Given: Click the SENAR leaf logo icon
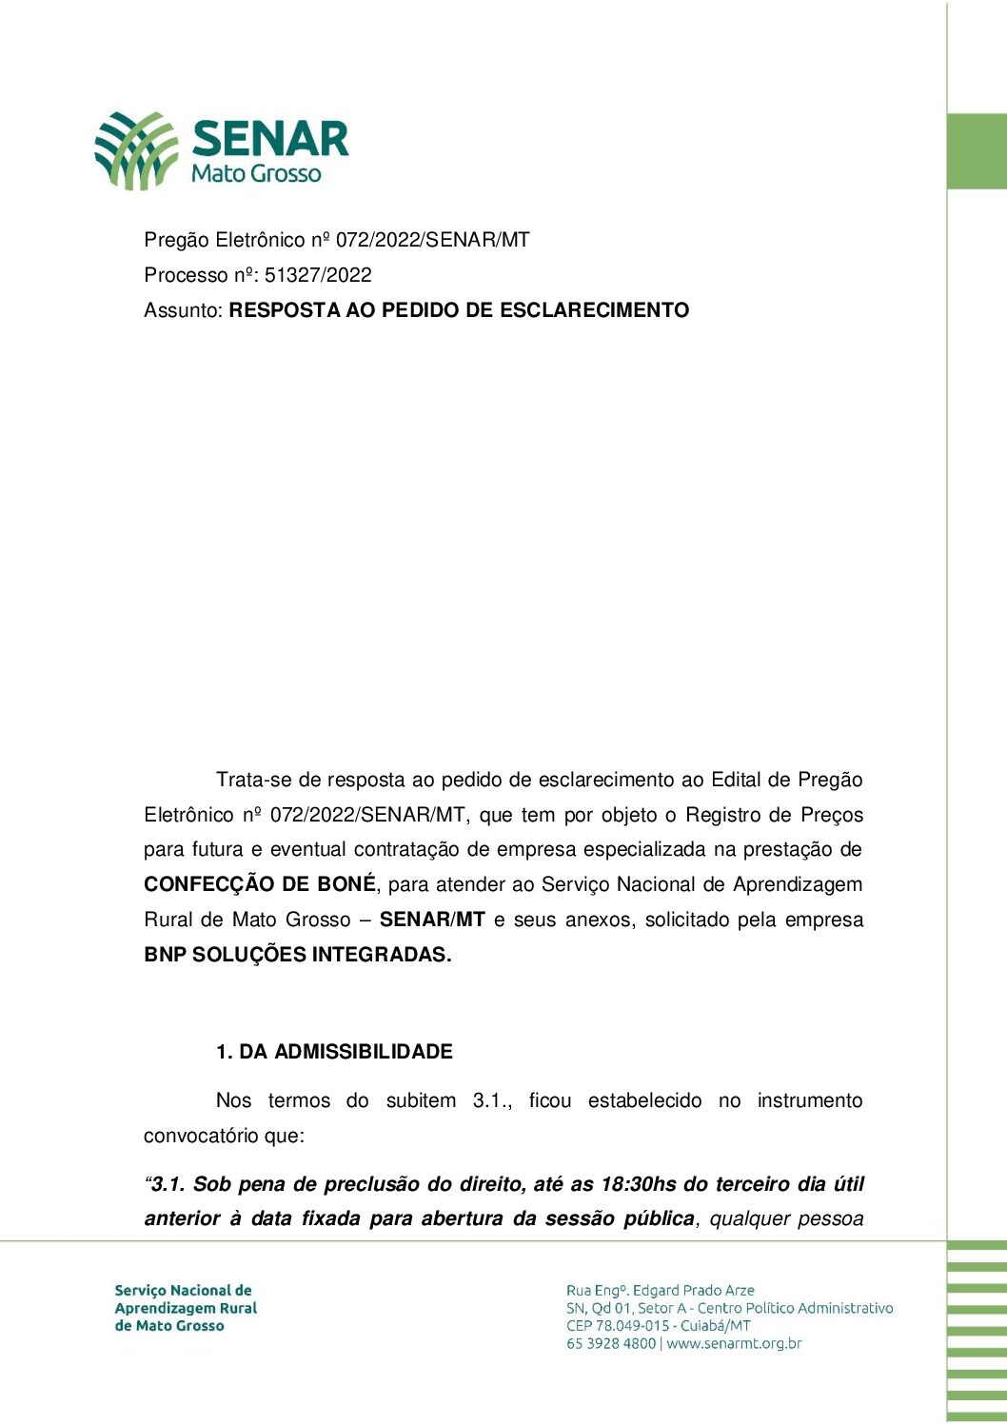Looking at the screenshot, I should [135, 150].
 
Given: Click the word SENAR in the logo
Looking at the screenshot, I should [270, 139].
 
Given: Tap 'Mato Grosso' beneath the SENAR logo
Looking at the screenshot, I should [256, 173].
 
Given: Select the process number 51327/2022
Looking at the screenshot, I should [318, 275].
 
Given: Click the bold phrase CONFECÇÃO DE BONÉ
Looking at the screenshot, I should [260, 884].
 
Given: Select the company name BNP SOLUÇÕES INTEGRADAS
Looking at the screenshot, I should [297, 955].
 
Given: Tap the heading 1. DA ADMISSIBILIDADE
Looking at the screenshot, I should [334, 1052].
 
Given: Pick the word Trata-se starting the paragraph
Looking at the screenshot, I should [254, 780].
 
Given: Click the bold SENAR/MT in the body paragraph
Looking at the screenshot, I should [432, 920].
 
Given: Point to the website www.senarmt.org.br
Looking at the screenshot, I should [734, 1344].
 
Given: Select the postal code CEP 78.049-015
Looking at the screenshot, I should [618, 1326].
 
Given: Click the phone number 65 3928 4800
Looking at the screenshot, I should [611, 1344].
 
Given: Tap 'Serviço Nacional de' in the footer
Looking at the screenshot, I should [183, 1291].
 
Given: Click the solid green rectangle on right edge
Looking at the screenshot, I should [977, 151].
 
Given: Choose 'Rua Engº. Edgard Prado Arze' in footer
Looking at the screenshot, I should [661, 1291].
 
